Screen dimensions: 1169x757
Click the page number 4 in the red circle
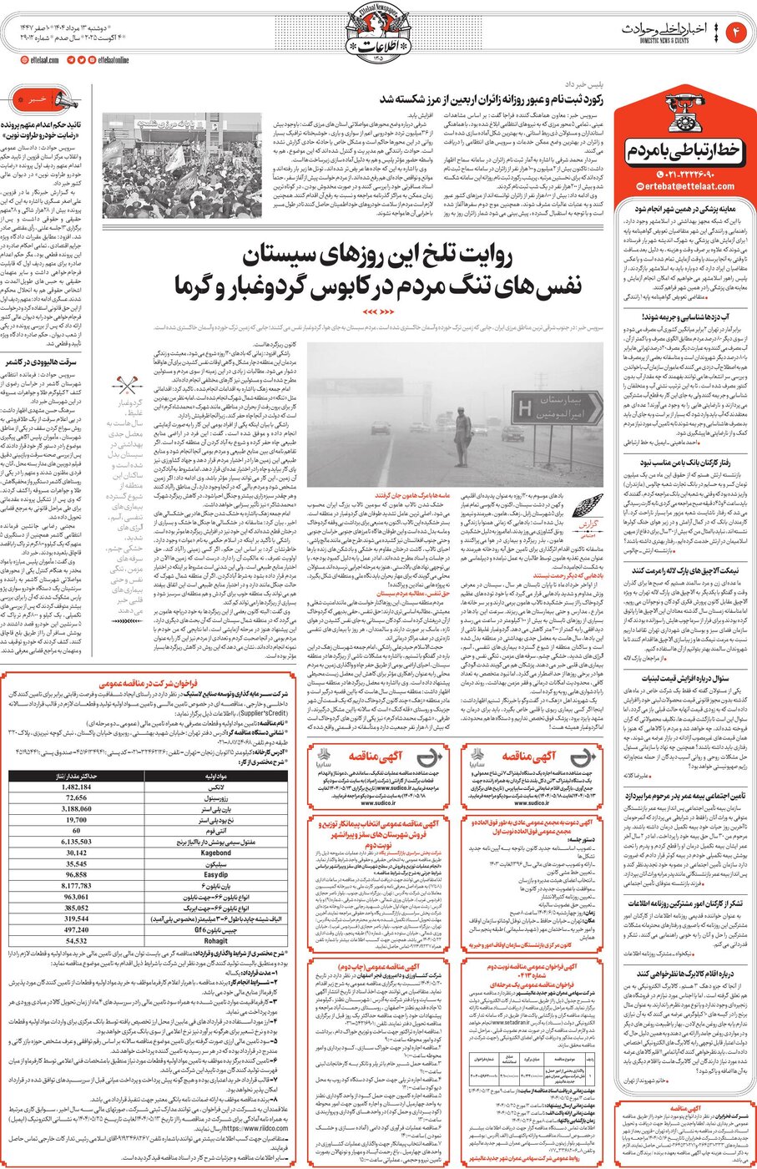click(x=736, y=32)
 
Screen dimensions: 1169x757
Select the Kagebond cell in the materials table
click(x=215, y=853)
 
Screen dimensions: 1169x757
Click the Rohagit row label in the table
click(x=215, y=940)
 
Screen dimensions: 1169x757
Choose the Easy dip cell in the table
click(x=215, y=874)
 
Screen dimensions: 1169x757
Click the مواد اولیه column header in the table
click(x=215, y=777)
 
